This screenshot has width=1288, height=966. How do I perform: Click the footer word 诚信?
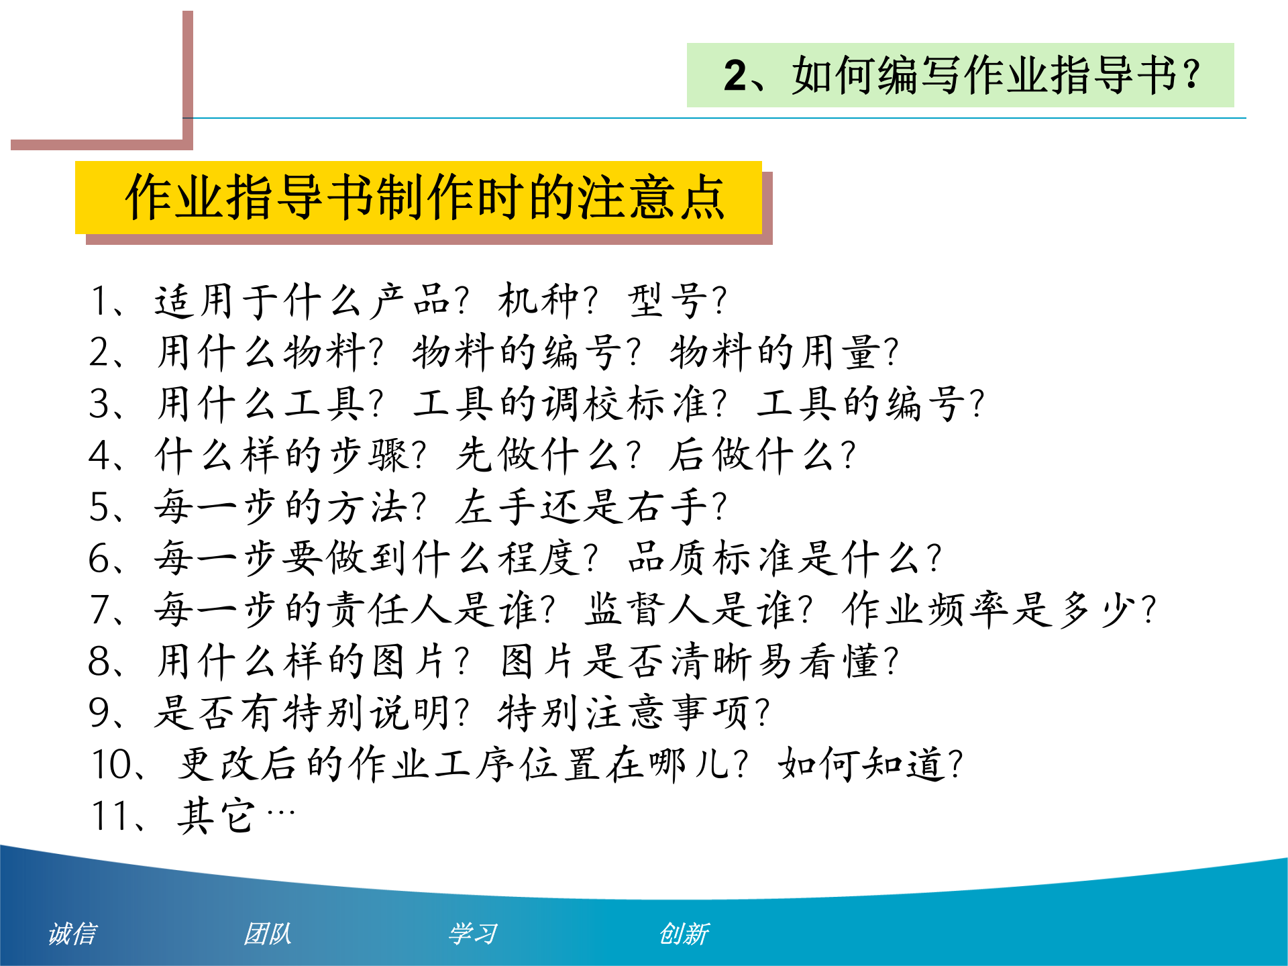pyautogui.click(x=72, y=933)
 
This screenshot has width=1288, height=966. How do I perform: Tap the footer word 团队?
pyautogui.click(x=267, y=933)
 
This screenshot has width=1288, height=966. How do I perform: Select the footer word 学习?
pyautogui.click(x=473, y=933)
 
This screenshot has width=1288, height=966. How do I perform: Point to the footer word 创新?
pyautogui.click(x=684, y=933)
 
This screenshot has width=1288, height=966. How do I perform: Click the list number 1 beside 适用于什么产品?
pyautogui.click(x=100, y=301)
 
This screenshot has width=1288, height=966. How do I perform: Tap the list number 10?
pyautogui.click(x=113, y=764)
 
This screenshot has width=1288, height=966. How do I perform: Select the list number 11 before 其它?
pyautogui.click(x=111, y=816)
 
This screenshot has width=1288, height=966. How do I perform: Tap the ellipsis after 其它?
pyautogui.click(x=280, y=813)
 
